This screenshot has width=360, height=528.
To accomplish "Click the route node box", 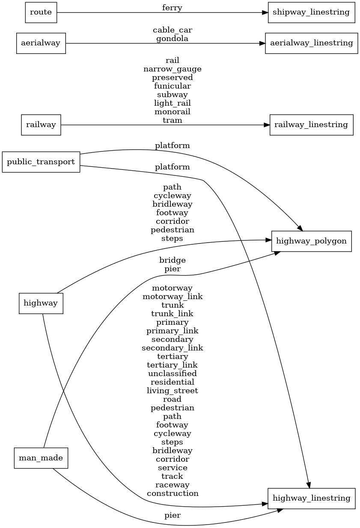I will click(41, 12).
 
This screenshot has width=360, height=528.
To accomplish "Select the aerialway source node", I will click(41, 43).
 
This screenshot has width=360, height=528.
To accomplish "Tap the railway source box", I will click(41, 125).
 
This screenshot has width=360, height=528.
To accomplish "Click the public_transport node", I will click(41, 162).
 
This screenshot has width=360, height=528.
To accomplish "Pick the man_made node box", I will click(41, 458).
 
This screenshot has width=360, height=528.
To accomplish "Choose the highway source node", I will click(41, 303).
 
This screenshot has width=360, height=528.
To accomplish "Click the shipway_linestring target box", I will click(311, 12).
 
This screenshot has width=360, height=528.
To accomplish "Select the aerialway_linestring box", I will click(311, 43).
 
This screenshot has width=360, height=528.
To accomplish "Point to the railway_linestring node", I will click(311, 125).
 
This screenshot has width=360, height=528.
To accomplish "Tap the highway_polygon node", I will click(311, 241).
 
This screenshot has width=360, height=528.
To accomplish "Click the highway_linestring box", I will click(311, 498).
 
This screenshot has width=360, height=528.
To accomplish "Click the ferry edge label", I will click(172, 8).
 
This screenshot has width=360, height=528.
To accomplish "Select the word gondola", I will click(172, 39).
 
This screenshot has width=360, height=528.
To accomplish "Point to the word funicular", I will click(172, 86).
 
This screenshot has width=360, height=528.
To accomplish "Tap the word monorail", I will click(172, 112).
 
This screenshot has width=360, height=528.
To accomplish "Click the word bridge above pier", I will click(172, 260).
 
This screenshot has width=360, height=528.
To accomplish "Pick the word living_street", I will click(172, 391).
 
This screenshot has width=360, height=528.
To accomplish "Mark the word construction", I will click(172, 493).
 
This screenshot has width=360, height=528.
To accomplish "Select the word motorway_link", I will click(172, 297).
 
